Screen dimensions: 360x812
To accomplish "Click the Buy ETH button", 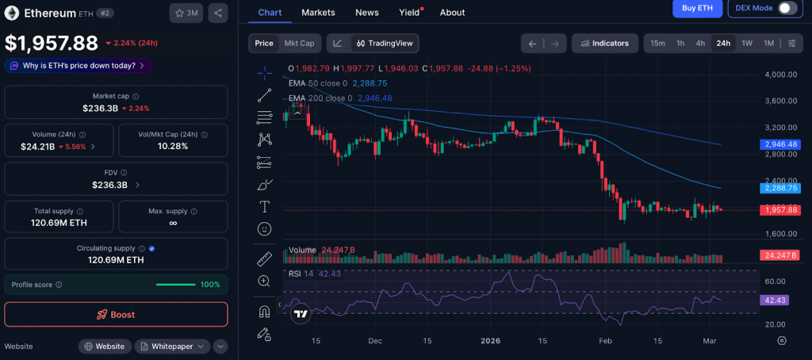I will pos(697,8).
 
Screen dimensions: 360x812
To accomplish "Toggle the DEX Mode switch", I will pos(787,8).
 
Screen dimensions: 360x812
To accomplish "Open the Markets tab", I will pos(318,13).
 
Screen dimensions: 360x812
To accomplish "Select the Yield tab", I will pos(409,13).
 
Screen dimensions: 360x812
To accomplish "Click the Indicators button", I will pos(604,44).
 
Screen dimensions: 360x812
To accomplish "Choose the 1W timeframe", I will pos(746,44).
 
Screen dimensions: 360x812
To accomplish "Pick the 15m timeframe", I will pos(657,44).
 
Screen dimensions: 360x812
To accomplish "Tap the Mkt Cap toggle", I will pos(299,44).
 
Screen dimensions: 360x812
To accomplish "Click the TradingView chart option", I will pos(385,44).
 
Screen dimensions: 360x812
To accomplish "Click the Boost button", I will pos(116,314).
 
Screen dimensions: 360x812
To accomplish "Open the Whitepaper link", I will pos(172,347).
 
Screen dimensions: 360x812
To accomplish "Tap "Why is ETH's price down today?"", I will pos(78,66).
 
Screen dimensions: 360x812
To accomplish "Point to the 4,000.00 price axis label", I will pos(780,75).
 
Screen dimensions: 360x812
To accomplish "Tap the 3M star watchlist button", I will pos(186,13).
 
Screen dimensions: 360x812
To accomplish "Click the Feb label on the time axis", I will pos(606,340).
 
